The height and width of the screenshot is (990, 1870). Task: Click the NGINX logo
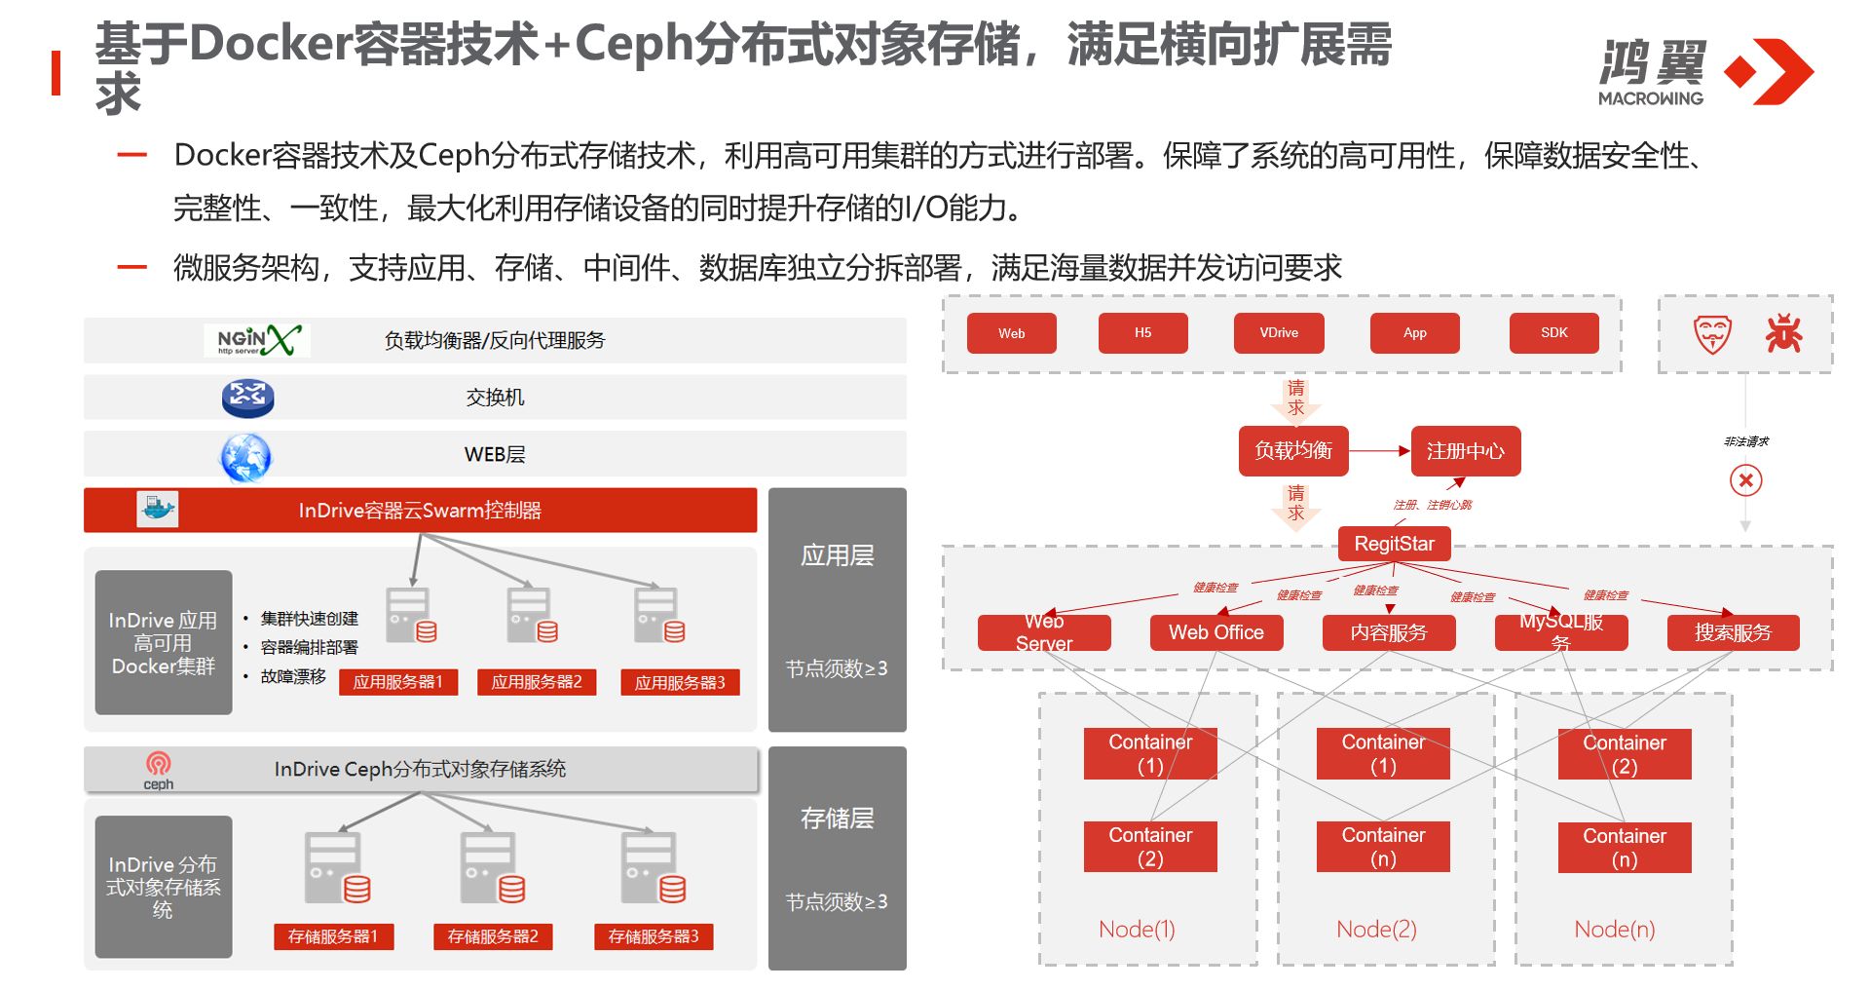(x=257, y=340)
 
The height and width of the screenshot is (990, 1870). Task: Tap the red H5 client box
(x=1142, y=333)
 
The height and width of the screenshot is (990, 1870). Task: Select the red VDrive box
(x=1278, y=333)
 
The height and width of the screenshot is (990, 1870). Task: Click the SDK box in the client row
(x=1553, y=333)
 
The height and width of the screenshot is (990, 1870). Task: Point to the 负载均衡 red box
(x=1292, y=451)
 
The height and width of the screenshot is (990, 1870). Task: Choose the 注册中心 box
(x=1465, y=451)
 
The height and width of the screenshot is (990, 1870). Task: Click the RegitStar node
(x=1394, y=544)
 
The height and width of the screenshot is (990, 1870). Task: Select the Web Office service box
(x=1215, y=632)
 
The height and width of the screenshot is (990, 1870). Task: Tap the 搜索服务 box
(x=1732, y=632)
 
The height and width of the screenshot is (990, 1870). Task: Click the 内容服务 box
(x=1388, y=632)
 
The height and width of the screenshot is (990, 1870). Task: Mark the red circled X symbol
(x=1745, y=480)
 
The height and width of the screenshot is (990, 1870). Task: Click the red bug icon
(x=1783, y=333)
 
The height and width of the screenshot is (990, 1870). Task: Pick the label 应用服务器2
(x=536, y=682)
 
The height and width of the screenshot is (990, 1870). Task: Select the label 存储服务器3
(x=653, y=936)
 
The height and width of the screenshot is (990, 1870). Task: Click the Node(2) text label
(x=1376, y=930)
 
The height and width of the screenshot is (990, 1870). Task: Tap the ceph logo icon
(x=158, y=769)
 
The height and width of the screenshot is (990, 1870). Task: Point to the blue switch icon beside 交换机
(x=247, y=398)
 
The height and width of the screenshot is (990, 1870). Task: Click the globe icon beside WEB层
(x=245, y=456)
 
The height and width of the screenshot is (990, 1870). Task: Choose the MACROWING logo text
(x=1650, y=98)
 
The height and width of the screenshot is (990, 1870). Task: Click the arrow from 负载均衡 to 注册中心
(x=1379, y=451)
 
